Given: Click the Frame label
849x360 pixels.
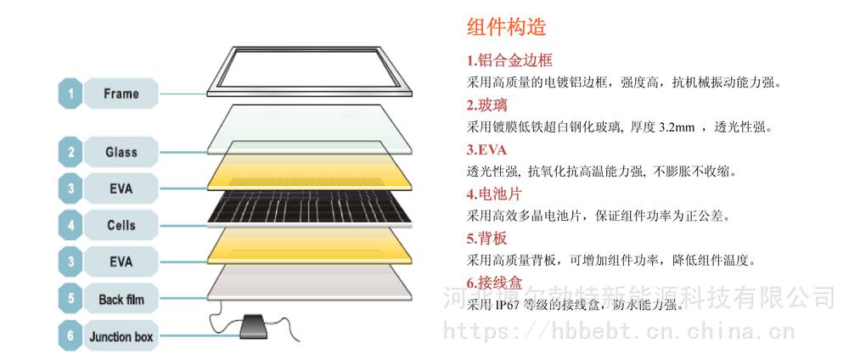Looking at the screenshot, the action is coord(121,93).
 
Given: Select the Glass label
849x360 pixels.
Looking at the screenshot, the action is coord(121,152).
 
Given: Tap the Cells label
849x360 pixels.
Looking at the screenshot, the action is coord(121,225).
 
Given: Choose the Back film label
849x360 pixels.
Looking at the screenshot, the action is coord(121,299).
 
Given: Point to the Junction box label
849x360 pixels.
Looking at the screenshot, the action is coord(121,336).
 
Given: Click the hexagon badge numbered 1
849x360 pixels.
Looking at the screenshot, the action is coord(70,93).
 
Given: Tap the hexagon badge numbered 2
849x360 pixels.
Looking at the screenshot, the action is coord(70,152).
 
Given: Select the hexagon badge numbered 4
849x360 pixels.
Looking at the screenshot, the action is coord(70,225).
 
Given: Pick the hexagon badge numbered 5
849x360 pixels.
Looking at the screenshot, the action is coord(70,299).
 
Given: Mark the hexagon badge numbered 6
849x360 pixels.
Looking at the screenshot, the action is coord(70,336).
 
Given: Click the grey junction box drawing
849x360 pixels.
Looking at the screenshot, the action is coord(253,326).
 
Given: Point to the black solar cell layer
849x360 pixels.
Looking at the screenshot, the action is coord(310,208).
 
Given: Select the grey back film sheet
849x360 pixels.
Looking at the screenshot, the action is coord(310,283).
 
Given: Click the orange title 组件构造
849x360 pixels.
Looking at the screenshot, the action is coord(506,27).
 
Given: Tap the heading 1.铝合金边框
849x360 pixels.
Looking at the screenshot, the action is coord(509,59).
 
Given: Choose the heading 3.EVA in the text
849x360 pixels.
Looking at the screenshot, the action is coord(486,149).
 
